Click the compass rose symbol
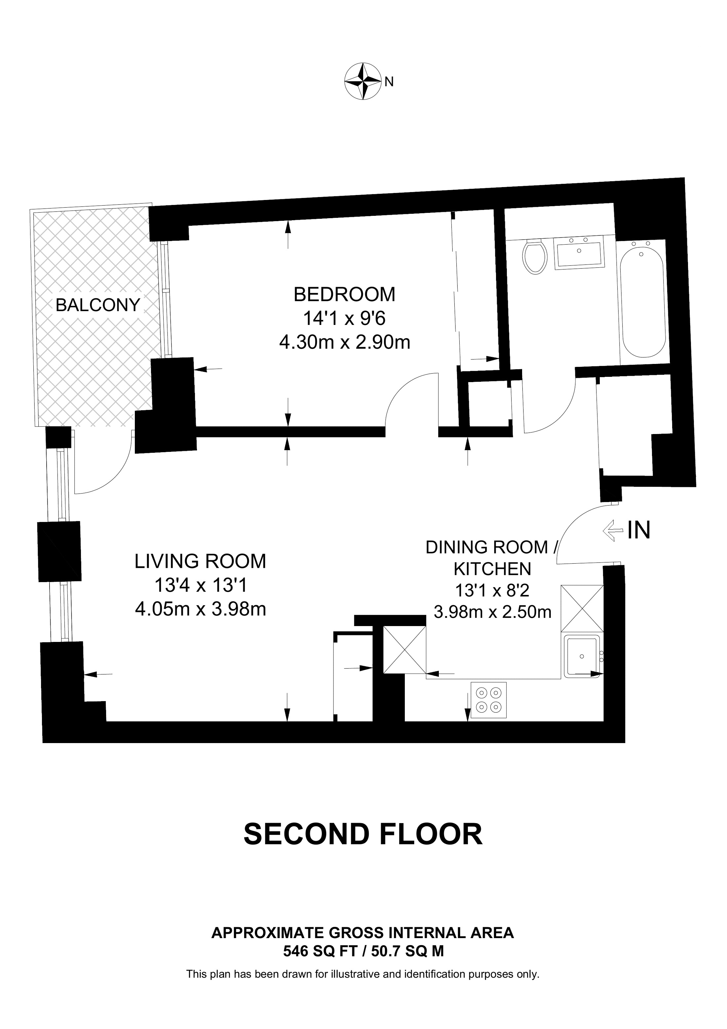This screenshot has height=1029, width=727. (x=363, y=81)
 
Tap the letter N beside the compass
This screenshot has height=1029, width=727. (x=389, y=82)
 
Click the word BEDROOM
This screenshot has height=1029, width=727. (x=344, y=295)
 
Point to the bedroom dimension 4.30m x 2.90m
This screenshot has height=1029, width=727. (x=344, y=343)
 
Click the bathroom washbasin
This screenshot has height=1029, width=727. (x=579, y=253)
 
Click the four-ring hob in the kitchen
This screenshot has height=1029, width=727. (x=488, y=700)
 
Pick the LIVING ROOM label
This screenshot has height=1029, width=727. (x=200, y=562)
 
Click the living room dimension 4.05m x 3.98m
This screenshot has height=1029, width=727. (x=201, y=610)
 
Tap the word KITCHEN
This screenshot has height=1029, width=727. (x=492, y=569)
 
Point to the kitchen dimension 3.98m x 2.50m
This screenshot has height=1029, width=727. (x=492, y=612)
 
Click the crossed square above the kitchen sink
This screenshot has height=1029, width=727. (x=582, y=608)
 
